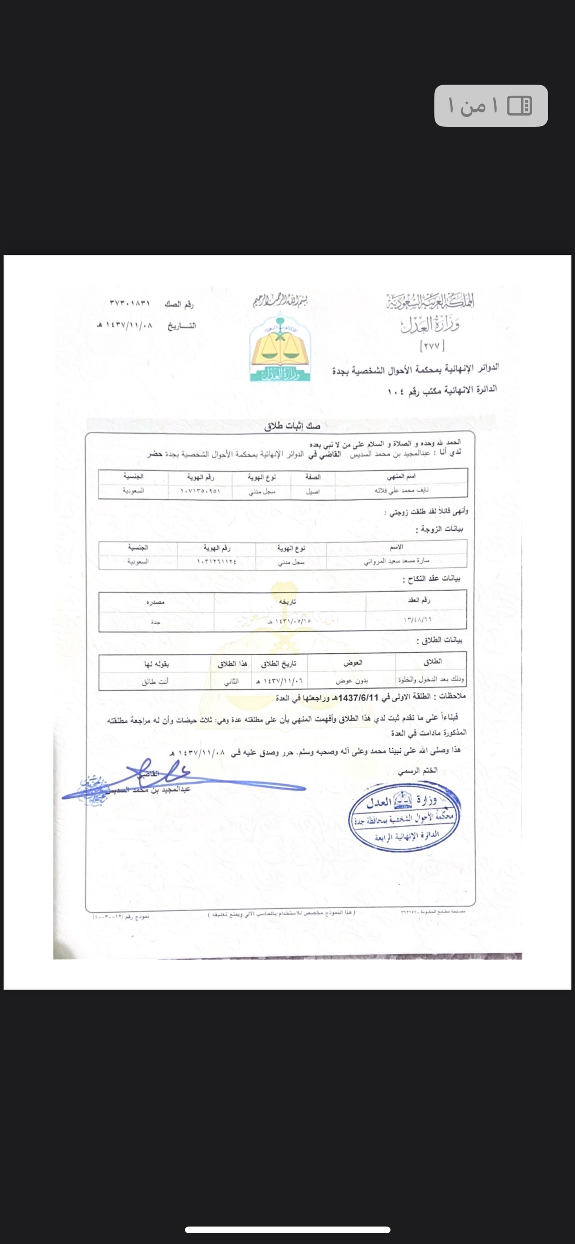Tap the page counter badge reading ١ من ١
[490, 106]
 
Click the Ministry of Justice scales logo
[280, 347]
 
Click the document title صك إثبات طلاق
[292, 426]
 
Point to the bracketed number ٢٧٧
[433, 346]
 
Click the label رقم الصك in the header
[179, 304]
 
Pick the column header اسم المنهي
[401, 476]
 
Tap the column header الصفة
[313, 476]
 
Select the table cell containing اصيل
[313, 491]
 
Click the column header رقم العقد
[419, 600]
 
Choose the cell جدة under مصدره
[155, 622]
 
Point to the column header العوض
[352, 663]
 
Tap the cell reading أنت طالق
[155, 682]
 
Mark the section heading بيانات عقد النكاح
[431, 579]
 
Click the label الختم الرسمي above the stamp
[418, 771]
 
